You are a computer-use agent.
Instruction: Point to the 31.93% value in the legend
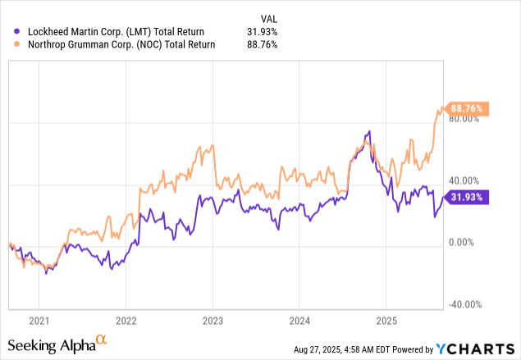pyautogui.click(x=262, y=31)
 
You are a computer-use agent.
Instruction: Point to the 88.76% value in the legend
pyautogui.click(x=262, y=45)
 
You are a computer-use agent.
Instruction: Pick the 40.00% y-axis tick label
pyautogui.click(x=463, y=180)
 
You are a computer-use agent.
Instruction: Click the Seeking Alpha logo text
pyautogui.click(x=51, y=346)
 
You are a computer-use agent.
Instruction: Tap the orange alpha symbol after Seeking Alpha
pyautogui.click(x=101, y=339)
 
